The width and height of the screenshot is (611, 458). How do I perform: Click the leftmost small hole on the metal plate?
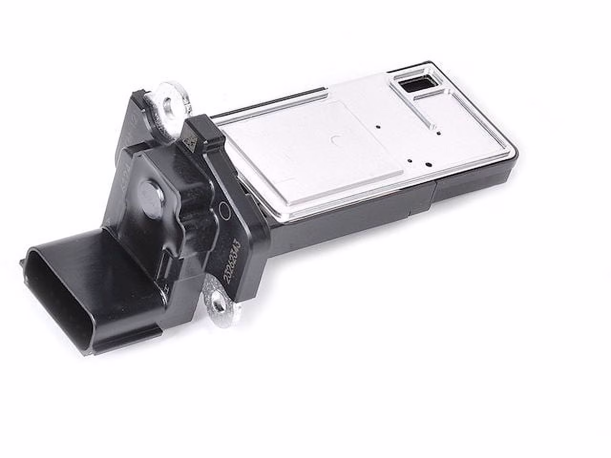point(377,127)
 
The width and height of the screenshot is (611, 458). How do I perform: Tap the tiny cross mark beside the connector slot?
point(165,288)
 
